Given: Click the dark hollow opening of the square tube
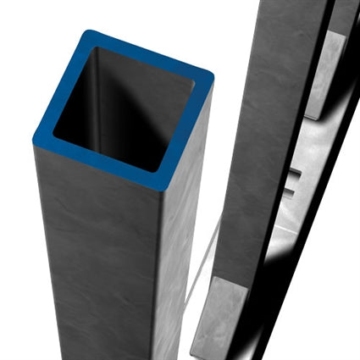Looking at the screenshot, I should [119, 119].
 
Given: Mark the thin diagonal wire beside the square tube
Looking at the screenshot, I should [203, 263].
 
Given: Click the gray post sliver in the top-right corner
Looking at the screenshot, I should [343, 17].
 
